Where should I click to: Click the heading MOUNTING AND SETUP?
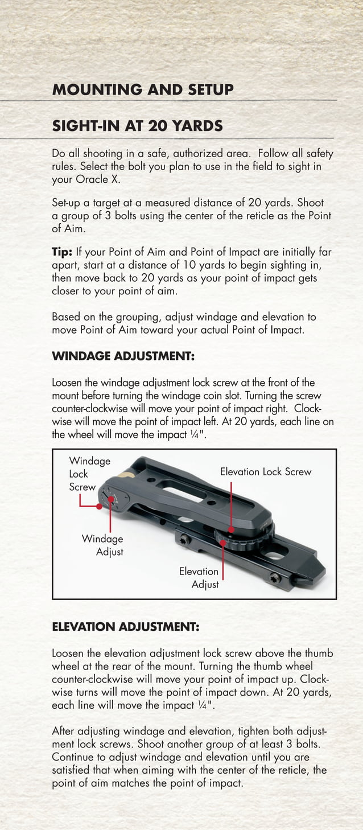pos(142,90)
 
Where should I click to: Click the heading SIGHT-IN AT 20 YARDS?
pos(137,126)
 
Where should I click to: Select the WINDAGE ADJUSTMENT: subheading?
pos(123,356)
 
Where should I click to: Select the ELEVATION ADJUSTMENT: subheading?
pos(125,627)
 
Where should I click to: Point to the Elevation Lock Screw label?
pos(265,471)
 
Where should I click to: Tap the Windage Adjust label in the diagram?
pos(102,545)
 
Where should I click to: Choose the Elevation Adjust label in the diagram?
pos(199,578)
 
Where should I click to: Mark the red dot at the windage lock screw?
pos(100,506)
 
